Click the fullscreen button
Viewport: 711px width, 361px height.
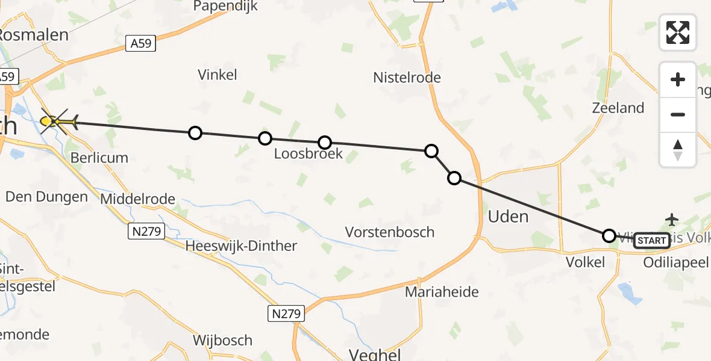click(678, 32)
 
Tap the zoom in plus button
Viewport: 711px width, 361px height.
click(678, 79)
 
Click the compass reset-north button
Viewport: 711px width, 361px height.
click(678, 150)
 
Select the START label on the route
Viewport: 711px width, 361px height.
click(651, 241)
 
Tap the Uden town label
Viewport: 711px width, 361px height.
click(509, 217)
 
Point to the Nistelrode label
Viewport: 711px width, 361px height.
click(407, 78)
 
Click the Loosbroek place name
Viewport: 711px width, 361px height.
click(308, 154)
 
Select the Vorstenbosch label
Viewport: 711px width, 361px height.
click(389, 232)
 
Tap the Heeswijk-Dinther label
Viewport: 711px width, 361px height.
click(241, 245)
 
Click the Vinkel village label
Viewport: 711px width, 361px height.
click(218, 75)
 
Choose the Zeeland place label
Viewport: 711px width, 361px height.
click(618, 108)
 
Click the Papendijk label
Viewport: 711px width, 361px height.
click(225, 7)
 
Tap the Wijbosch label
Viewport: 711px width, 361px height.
click(222, 341)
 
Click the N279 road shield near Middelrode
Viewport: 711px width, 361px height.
click(147, 230)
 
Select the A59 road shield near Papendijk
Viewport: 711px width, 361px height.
click(141, 43)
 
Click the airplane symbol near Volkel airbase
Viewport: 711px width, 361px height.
click(672, 218)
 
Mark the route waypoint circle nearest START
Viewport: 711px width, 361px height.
click(609, 235)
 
